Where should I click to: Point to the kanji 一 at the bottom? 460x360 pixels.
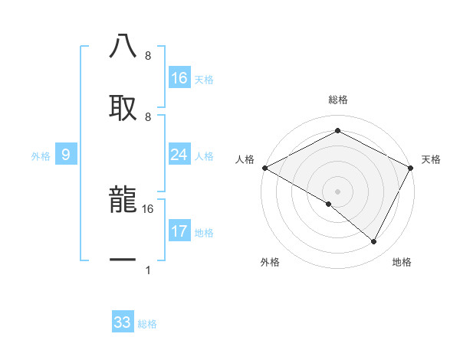click(123, 260)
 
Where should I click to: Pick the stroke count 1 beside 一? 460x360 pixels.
click(148, 270)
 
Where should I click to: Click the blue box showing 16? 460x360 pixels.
click(179, 78)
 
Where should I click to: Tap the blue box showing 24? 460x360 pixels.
click(179, 155)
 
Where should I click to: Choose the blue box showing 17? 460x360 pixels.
click(179, 231)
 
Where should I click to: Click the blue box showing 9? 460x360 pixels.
click(66, 155)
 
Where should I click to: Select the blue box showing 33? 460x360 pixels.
click(123, 322)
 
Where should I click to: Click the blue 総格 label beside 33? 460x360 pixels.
click(148, 324)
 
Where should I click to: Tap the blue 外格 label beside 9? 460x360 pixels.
click(41, 156)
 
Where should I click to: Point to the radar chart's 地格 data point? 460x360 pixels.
click(374, 242)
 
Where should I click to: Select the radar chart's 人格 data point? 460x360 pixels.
click(264, 168)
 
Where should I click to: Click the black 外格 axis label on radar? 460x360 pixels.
click(270, 262)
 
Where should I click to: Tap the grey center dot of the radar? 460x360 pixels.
click(337, 191)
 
